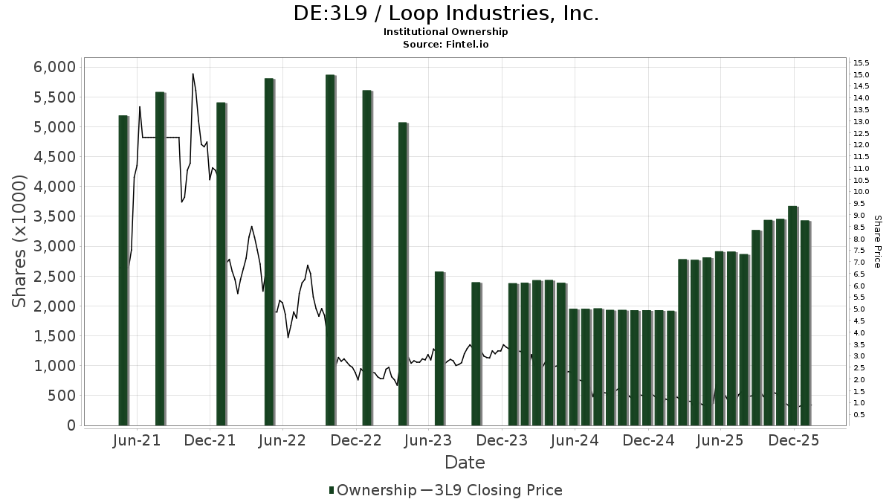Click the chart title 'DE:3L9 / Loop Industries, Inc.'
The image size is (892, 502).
(446, 13)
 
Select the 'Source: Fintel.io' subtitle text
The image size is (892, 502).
(446, 44)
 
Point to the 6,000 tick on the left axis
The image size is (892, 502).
(56, 67)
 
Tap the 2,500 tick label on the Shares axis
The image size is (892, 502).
(56, 276)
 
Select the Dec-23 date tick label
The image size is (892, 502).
(503, 440)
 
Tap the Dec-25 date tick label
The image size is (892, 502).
(795, 440)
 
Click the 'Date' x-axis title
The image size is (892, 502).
(465, 463)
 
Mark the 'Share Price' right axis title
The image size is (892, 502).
(878, 241)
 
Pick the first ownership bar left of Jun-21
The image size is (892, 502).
(123, 270)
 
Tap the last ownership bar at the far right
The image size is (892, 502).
(805, 323)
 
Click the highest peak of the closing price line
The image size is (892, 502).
(193, 74)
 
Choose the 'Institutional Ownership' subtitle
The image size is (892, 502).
(446, 32)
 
